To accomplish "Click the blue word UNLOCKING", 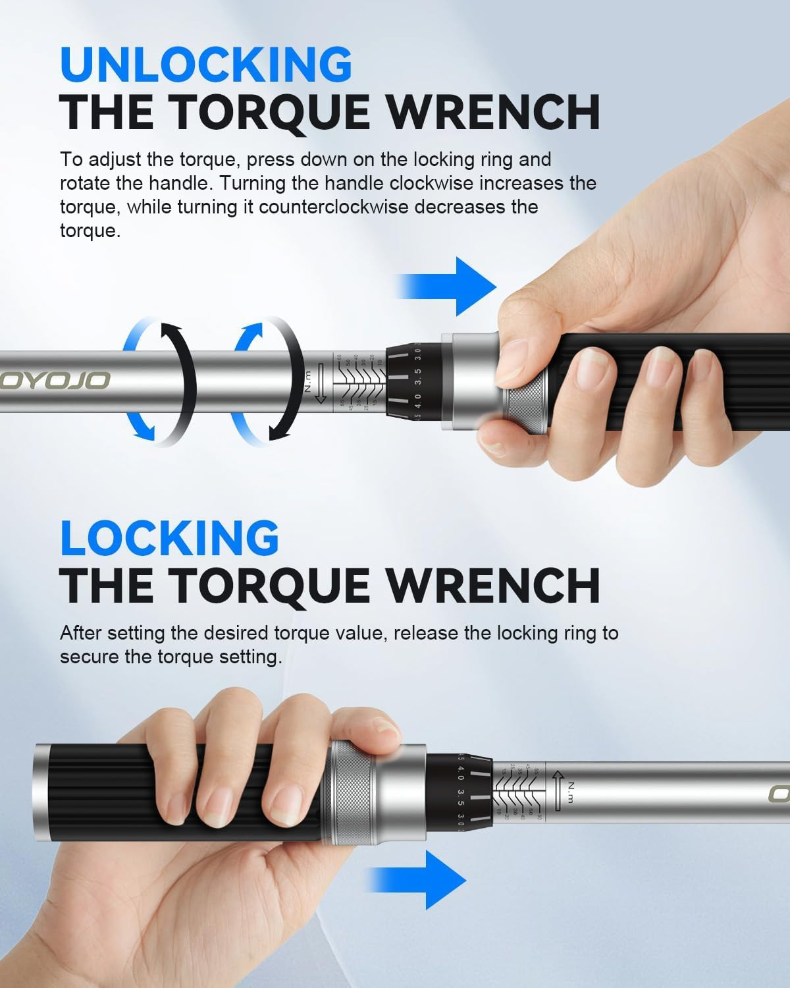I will click(x=206, y=64).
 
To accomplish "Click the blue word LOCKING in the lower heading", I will click(x=170, y=537).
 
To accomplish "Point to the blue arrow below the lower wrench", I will click(x=417, y=879).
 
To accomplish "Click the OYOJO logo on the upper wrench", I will click(x=55, y=380).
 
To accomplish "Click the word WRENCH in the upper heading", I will click(x=492, y=113).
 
